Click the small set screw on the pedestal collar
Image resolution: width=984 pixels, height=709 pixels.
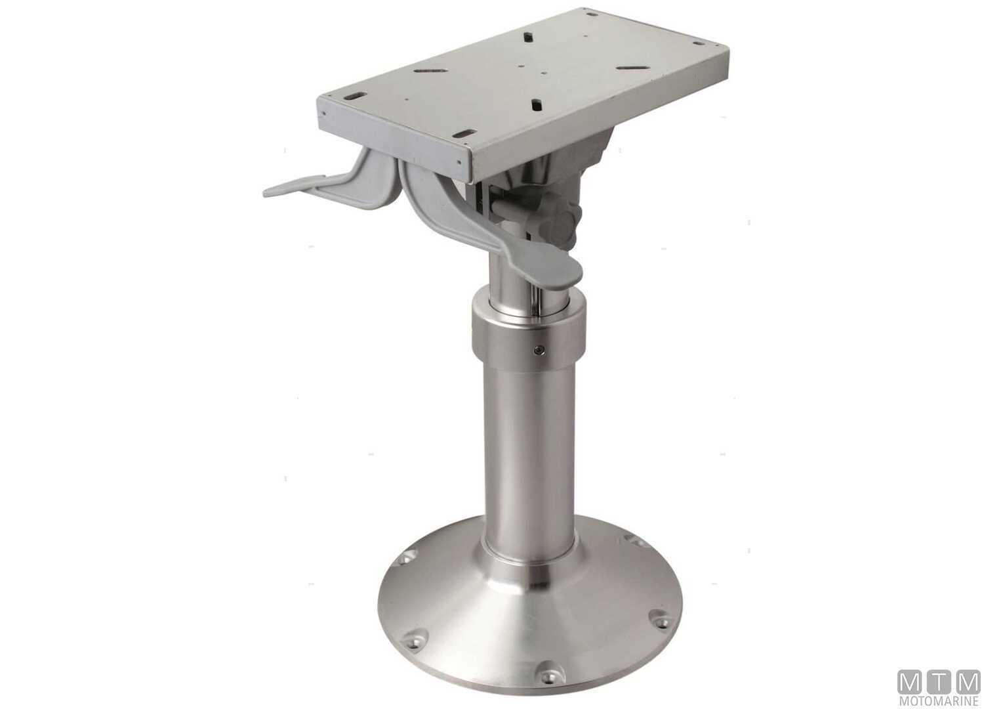click(539, 350)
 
